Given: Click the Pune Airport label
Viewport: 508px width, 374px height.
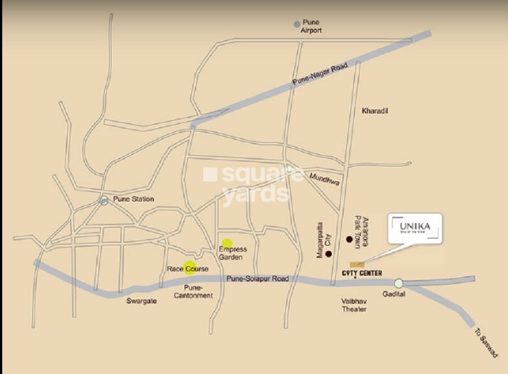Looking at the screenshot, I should [311, 27].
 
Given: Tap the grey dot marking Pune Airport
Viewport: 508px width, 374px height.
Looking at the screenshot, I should [297, 24].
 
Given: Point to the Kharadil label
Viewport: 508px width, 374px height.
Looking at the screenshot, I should [375, 111].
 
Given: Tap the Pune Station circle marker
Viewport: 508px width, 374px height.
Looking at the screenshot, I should [104, 200].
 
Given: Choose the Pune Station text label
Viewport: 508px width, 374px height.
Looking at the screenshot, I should [134, 199].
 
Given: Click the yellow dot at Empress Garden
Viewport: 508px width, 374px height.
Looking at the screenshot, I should [227, 243].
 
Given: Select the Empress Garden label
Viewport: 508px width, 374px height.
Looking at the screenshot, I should [233, 253].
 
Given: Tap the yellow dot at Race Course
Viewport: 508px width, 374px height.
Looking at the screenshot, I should [190, 267].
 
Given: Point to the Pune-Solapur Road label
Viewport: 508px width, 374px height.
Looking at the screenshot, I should [257, 279].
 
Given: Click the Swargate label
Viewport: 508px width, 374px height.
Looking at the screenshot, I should [141, 301].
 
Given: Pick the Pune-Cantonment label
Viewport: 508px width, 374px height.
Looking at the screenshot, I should [194, 292].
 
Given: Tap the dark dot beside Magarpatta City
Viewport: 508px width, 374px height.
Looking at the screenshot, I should [329, 254].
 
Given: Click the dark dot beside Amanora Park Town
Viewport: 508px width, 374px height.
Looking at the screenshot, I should [349, 240].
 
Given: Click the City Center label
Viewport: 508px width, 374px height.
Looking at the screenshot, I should [362, 273].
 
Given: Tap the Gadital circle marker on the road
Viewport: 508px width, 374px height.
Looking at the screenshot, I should [399, 284].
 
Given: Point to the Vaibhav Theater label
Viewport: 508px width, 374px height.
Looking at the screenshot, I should [354, 305].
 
